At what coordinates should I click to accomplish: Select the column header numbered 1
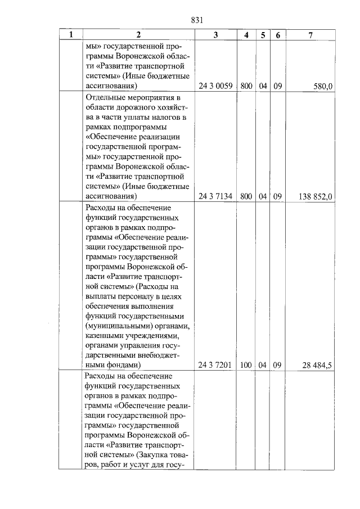71,35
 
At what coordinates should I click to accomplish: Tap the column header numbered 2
137,35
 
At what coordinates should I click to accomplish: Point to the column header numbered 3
216,35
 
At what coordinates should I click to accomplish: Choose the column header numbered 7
311,35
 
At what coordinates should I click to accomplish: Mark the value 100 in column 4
246,364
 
